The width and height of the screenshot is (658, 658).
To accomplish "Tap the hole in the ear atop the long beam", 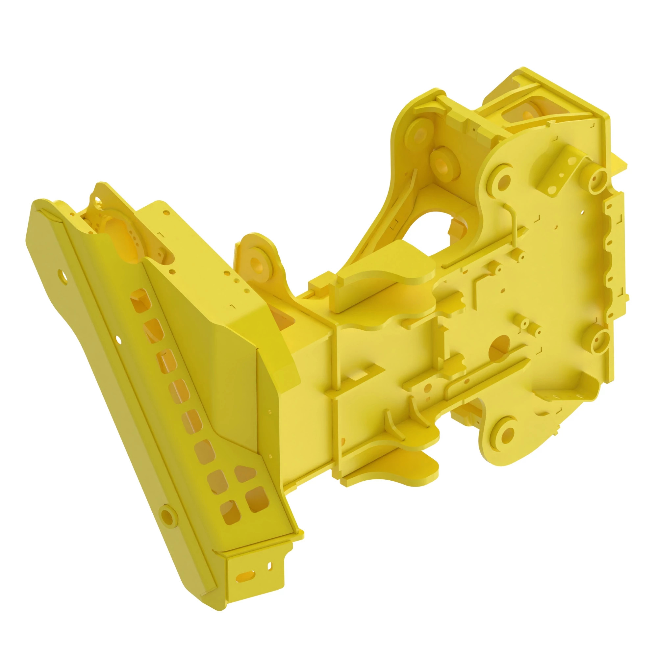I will [x=98, y=199].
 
